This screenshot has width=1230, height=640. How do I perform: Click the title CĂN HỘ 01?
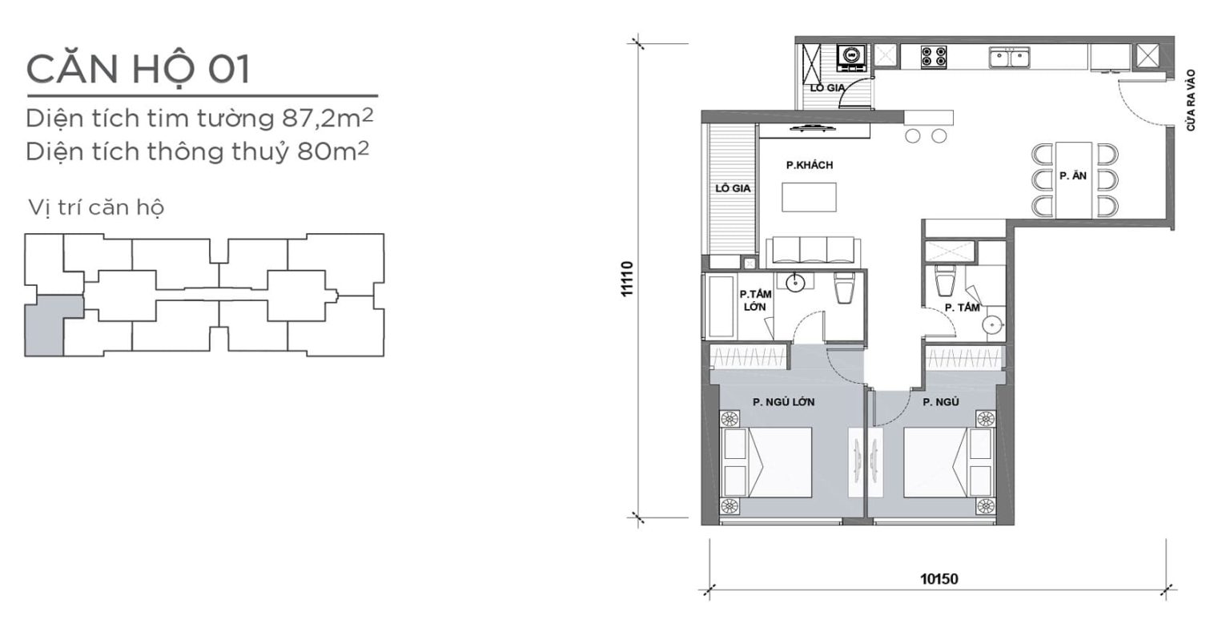pos(138,69)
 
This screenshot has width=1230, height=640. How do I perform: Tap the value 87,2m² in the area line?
pos(328,118)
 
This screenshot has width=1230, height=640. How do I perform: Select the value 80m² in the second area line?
pos(333,151)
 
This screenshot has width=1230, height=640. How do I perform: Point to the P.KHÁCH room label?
pos(810,165)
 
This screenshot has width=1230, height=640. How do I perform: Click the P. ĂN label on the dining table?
pos(1073,175)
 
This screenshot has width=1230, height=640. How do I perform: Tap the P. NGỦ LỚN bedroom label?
pos(784,402)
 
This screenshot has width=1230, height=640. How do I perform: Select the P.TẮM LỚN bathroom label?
pos(756,300)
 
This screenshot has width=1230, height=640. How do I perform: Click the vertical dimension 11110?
pos(627,279)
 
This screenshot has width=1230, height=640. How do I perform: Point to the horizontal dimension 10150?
pos(939,579)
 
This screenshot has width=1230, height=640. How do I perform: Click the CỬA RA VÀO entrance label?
pos(1191,100)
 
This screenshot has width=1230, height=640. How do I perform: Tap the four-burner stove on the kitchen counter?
pos(934,57)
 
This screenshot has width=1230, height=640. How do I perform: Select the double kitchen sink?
pos(1009,57)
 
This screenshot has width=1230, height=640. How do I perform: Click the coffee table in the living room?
pos(809,197)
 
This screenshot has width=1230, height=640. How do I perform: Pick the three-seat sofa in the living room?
pos(814,252)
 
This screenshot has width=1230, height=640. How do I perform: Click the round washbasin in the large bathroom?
pos(795,283)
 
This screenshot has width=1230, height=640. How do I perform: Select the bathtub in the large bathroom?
pos(721,305)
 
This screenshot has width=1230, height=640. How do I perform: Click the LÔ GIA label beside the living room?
pos(733,188)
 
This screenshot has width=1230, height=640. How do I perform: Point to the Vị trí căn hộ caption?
pos(96,207)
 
